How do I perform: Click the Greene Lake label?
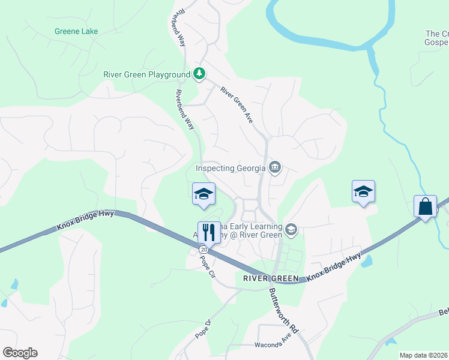[76, 31]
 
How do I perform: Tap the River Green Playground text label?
[146, 74]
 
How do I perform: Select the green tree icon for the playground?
[200, 74]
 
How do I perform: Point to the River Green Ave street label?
[237, 106]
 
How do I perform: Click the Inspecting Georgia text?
[231, 168]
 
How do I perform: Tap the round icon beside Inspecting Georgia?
[275, 167]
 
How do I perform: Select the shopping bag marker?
[426, 206]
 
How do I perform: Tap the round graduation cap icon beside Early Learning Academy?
[291, 229]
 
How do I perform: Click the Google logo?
[20, 353]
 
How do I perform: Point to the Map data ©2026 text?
[423, 355]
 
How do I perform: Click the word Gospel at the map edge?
[437, 42]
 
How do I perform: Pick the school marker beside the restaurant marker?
[204, 193]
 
